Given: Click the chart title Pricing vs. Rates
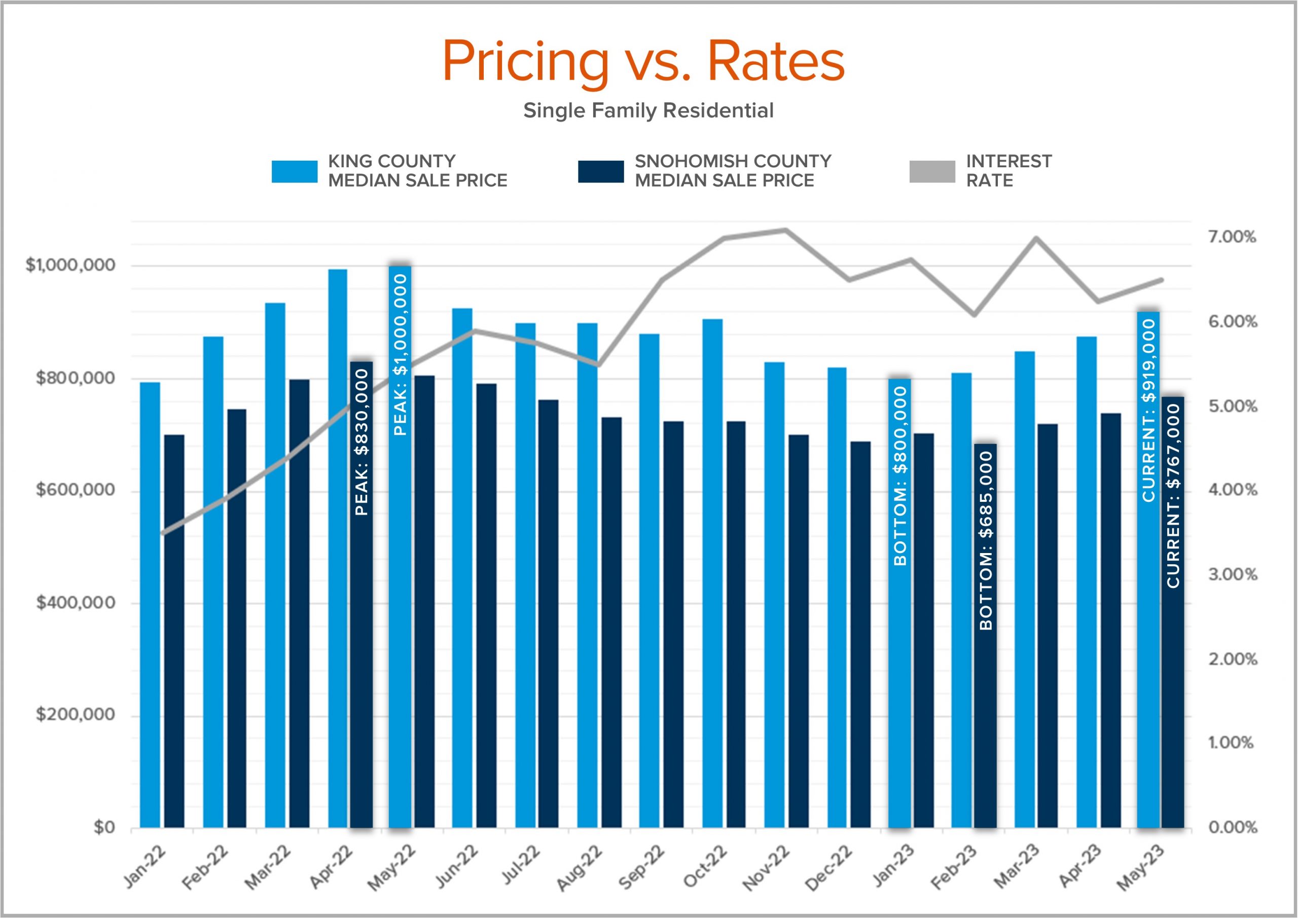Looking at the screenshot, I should click(x=643, y=61).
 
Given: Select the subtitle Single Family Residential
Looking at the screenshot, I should click(x=648, y=110).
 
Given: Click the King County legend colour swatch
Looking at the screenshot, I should click(x=294, y=172).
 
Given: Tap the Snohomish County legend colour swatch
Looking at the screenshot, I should click(x=601, y=172).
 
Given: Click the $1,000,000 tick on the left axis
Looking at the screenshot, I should click(x=70, y=265).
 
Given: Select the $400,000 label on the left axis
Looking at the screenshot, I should click(x=76, y=603).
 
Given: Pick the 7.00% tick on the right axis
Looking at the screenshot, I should click(x=1232, y=237).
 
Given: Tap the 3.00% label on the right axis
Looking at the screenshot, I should click(x=1233, y=575).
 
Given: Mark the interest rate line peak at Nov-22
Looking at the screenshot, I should click(x=785, y=230).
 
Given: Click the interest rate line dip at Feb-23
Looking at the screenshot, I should click(x=974, y=314).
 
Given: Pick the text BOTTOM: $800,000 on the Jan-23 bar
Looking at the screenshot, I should click(x=900, y=476).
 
